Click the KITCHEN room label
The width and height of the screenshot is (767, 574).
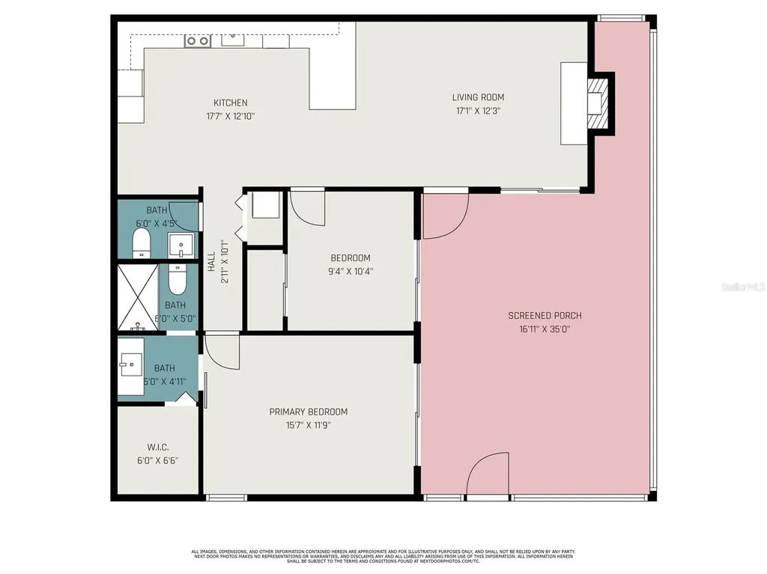coord(230,103)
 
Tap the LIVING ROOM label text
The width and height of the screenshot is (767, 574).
coord(478,97)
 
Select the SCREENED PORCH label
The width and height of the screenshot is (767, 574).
coord(545,316)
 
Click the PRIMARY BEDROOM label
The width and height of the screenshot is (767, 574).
coord(309,412)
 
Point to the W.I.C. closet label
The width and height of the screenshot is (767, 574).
coord(157,447)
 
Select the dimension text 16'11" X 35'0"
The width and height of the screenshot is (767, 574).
coord(545,329)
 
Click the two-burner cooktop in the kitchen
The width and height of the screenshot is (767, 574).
coord(198,41)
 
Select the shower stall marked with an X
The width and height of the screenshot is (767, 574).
coord(137,296)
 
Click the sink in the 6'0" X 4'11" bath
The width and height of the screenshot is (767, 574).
coord(127,366)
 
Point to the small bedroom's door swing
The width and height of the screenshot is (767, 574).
coord(307,207)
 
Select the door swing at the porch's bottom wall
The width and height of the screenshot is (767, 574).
coord(488,475)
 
